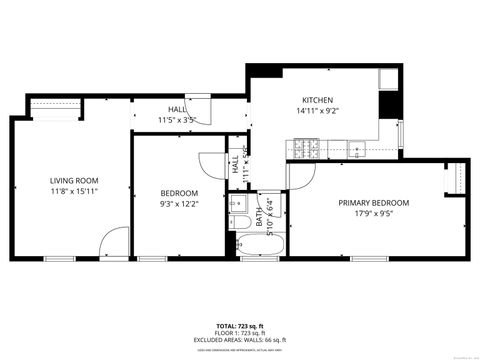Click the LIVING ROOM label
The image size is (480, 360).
pyautogui.click(x=74, y=180)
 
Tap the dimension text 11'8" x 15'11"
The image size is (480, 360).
pyautogui.click(x=74, y=192)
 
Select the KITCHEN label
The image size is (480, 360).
pyautogui.click(x=317, y=100)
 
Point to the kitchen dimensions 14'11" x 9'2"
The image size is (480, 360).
pyautogui.click(x=317, y=112)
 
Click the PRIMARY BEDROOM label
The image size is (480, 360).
pyautogui.click(x=373, y=202)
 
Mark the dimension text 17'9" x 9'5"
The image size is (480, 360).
pyautogui.click(x=373, y=213)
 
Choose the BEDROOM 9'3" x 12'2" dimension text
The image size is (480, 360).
pyautogui.click(x=180, y=204)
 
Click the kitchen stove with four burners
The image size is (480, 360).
pyautogui.click(x=304, y=149)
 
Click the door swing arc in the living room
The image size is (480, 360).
pyautogui.click(x=115, y=240)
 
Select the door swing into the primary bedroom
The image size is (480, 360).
pyautogui.click(x=299, y=178)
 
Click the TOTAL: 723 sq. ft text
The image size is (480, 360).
pyautogui.click(x=239, y=326)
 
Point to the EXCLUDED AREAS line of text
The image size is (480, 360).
pyautogui.click(x=239, y=340)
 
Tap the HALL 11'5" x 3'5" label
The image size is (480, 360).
pyautogui.click(x=176, y=115)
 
